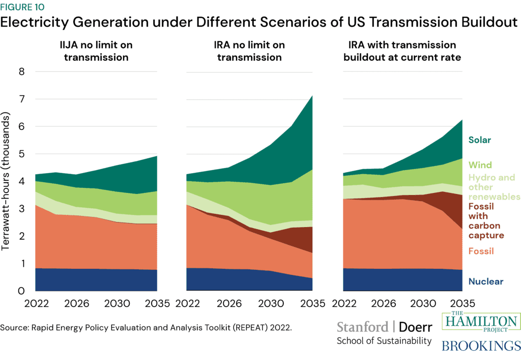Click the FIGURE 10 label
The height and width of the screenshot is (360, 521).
22,7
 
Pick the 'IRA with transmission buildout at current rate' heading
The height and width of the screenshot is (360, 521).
402,51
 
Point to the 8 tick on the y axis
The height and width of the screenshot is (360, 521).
22,72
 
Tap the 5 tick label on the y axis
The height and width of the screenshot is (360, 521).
22,154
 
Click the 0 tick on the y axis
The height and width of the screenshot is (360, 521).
22,291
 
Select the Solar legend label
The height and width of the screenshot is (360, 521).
480,140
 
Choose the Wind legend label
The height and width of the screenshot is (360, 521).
479,165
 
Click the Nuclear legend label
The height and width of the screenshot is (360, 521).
486,281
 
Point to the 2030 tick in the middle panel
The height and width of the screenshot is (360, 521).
271,304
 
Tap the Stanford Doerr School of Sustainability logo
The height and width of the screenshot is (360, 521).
384,333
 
